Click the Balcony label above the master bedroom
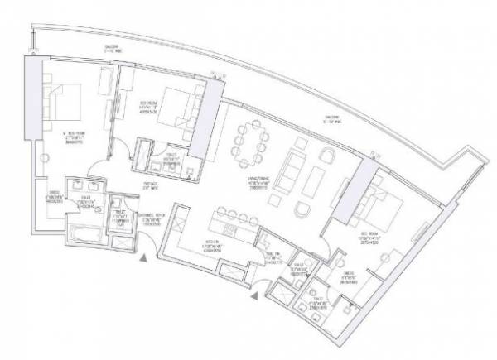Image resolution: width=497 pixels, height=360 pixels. [x=80, y=49]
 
